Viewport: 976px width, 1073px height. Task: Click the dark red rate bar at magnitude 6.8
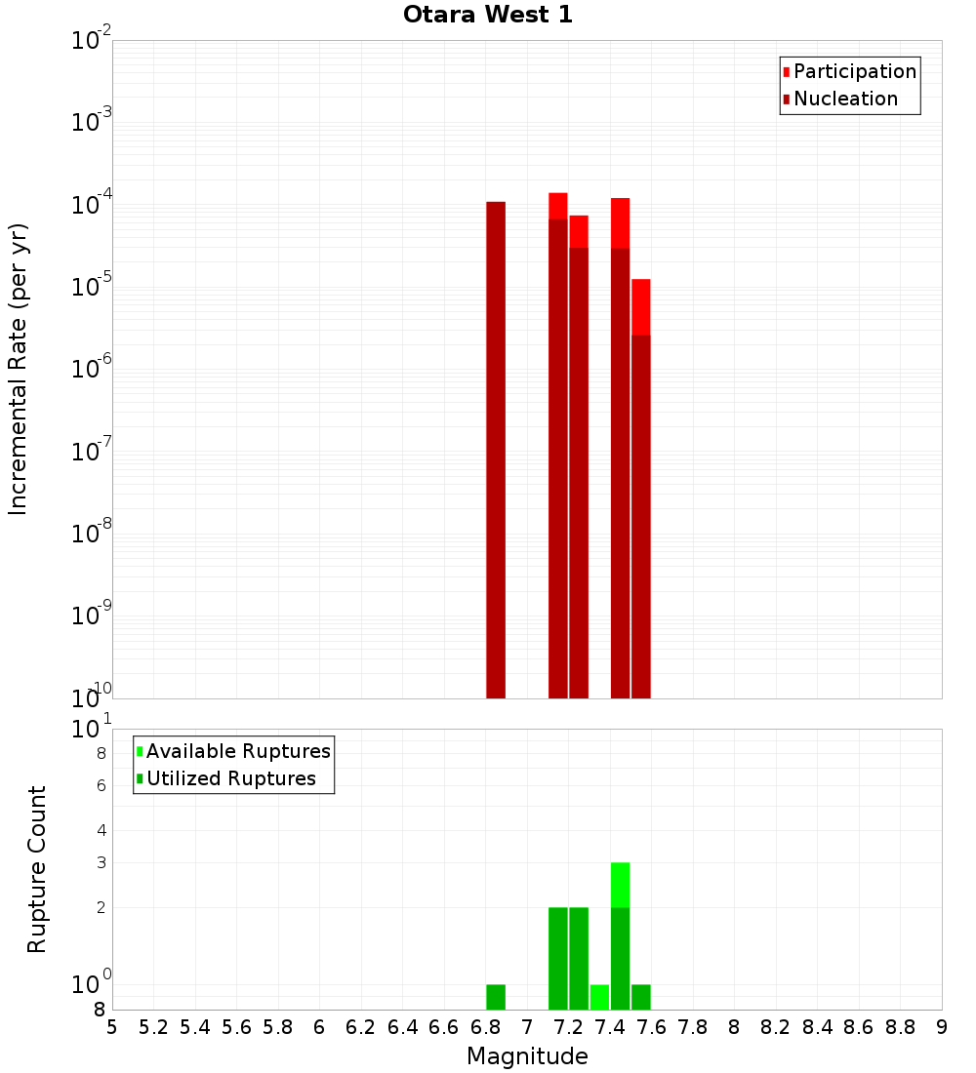click(x=496, y=449)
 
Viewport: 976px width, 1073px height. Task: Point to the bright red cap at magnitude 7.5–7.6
click(x=640, y=306)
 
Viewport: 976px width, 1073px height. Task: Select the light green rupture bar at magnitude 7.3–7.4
click(x=599, y=997)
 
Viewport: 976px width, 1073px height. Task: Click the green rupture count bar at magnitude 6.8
click(x=496, y=997)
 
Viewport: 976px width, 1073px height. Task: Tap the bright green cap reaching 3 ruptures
click(x=620, y=884)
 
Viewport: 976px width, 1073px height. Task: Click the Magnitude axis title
click(x=527, y=1056)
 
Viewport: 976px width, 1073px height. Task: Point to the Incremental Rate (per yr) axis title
click(x=18, y=369)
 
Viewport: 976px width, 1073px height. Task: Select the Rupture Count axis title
click(x=37, y=869)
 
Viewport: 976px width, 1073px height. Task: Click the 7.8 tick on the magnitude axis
click(x=693, y=1027)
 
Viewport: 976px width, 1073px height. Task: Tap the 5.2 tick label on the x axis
click(x=153, y=1027)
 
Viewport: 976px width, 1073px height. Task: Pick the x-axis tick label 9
click(x=942, y=1027)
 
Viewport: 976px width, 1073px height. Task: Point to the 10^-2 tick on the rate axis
click(x=92, y=41)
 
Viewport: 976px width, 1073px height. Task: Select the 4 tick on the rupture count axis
click(x=101, y=830)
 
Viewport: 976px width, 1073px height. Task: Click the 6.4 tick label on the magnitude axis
click(x=402, y=1027)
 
